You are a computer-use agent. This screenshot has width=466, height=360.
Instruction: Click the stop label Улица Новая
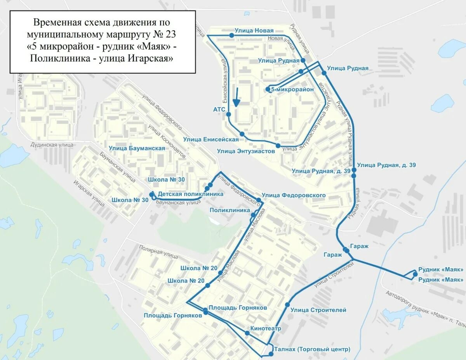pyautogui.click(x=254, y=30)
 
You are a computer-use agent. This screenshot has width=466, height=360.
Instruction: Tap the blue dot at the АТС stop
pyautogui.click(x=229, y=114)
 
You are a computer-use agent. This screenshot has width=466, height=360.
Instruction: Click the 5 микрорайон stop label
pyautogui.click(x=292, y=89)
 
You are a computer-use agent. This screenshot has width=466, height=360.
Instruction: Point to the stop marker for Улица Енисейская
pyautogui.click(x=242, y=134)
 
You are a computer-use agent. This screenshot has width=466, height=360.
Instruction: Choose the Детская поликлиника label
pyautogui.click(x=191, y=194)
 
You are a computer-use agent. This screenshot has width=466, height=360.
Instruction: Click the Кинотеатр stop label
pyautogui.click(x=266, y=329)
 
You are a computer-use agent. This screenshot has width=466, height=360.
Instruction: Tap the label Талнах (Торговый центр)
pyautogui.click(x=312, y=349)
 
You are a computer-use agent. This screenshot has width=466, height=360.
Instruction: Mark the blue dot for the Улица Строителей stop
pyautogui.click(x=287, y=304)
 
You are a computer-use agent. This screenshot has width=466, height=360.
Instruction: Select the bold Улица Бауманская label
pyautogui.click(x=137, y=148)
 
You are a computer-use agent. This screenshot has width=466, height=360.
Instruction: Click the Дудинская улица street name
pyautogui.click(x=52, y=145)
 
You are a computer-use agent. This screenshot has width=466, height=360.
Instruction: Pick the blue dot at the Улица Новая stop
pyautogui.click(x=231, y=35)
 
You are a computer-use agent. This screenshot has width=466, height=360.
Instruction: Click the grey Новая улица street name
pyautogui.click(x=281, y=38)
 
